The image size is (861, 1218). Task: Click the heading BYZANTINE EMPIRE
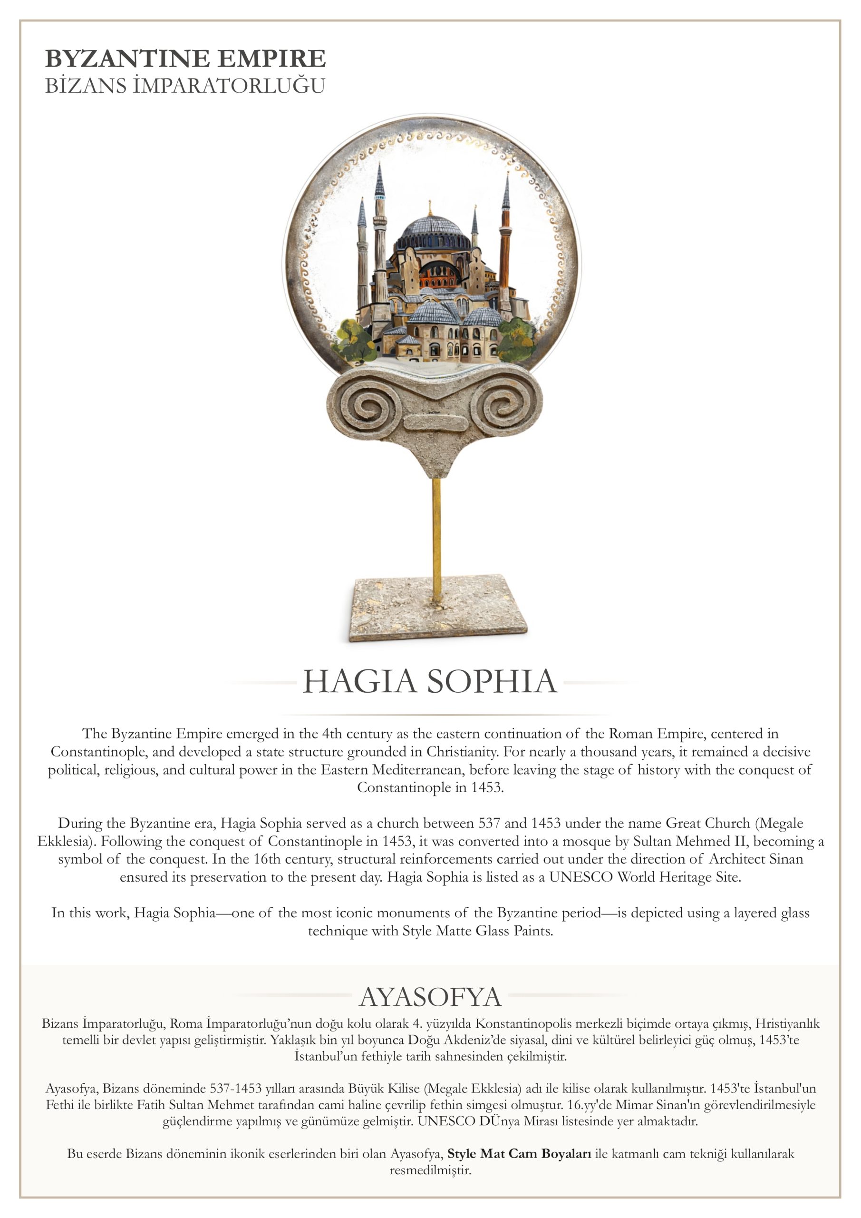pos(185,59)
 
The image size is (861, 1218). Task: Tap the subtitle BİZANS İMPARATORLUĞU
pos(185,86)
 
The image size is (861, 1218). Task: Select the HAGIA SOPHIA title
pos(429,682)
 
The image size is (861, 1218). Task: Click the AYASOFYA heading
pos(430,997)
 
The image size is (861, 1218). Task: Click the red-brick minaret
pos(505,249)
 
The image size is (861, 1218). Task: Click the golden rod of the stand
pos(436,536)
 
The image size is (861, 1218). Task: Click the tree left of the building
pos(354,340)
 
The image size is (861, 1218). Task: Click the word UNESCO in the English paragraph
pos(581,877)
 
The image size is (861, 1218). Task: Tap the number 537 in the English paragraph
pos(489,823)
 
